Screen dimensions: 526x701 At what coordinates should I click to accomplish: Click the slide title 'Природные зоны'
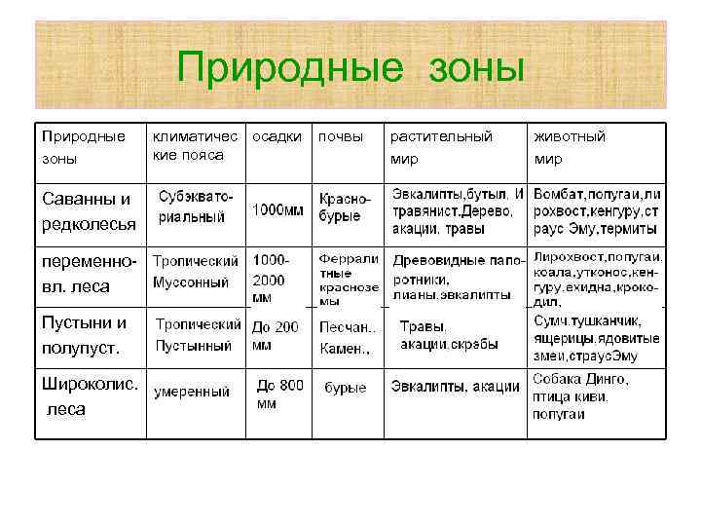point(350,68)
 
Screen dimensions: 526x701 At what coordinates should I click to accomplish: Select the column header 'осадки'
point(277,136)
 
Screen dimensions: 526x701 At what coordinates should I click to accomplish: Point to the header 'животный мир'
point(570,146)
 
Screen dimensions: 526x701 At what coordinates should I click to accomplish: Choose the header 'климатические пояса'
point(195,145)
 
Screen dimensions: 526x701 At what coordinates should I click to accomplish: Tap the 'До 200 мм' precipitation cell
point(276,335)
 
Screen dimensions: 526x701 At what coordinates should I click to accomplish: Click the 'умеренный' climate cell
point(192,392)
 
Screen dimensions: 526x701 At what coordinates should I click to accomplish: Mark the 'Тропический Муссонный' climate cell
point(196,272)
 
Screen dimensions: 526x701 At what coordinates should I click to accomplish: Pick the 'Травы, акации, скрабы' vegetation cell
point(449,335)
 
